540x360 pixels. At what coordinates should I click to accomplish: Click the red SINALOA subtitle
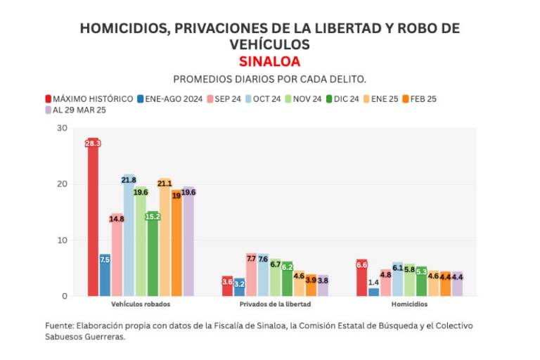click(x=269, y=61)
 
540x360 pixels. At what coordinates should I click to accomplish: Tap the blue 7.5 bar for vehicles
click(x=105, y=275)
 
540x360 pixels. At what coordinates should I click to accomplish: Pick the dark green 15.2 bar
click(x=153, y=253)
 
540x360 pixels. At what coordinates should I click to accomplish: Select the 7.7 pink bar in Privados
click(x=251, y=274)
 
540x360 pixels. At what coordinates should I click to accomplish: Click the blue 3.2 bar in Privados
click(x=239, y=287)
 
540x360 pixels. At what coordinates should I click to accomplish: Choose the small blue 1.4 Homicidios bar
click(x=374, y=291)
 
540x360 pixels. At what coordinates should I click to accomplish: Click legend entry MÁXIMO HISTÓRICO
click(x=89, y=99)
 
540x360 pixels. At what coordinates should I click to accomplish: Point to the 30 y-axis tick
click(x=63, y=128)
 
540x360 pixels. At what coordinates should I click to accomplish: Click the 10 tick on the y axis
click(x=63, y=240)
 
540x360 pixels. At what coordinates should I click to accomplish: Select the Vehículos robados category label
click(x=141, y=304)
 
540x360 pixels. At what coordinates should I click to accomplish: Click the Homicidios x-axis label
click(x=409, y=304)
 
